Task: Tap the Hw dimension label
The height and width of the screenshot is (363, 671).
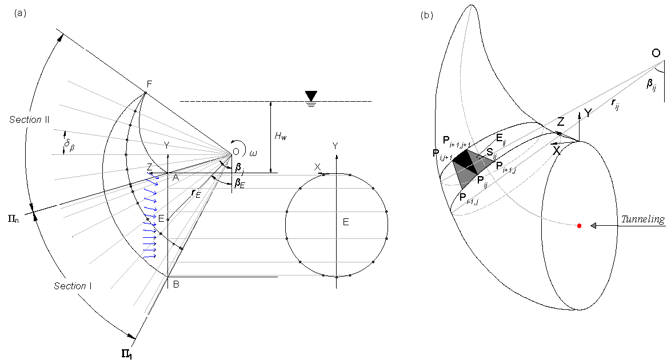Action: [280, 136]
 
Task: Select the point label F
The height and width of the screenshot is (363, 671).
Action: [149, 84]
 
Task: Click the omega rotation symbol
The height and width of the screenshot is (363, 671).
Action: [254, 153]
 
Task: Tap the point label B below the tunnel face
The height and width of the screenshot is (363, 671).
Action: [176, 284]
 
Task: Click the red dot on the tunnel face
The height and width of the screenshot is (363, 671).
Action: [579, 226]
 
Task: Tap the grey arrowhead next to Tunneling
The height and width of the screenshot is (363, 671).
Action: [594, 226]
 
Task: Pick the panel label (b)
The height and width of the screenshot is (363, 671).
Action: [426, 15]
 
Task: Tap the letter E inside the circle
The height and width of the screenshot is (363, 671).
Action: [346, 222]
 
